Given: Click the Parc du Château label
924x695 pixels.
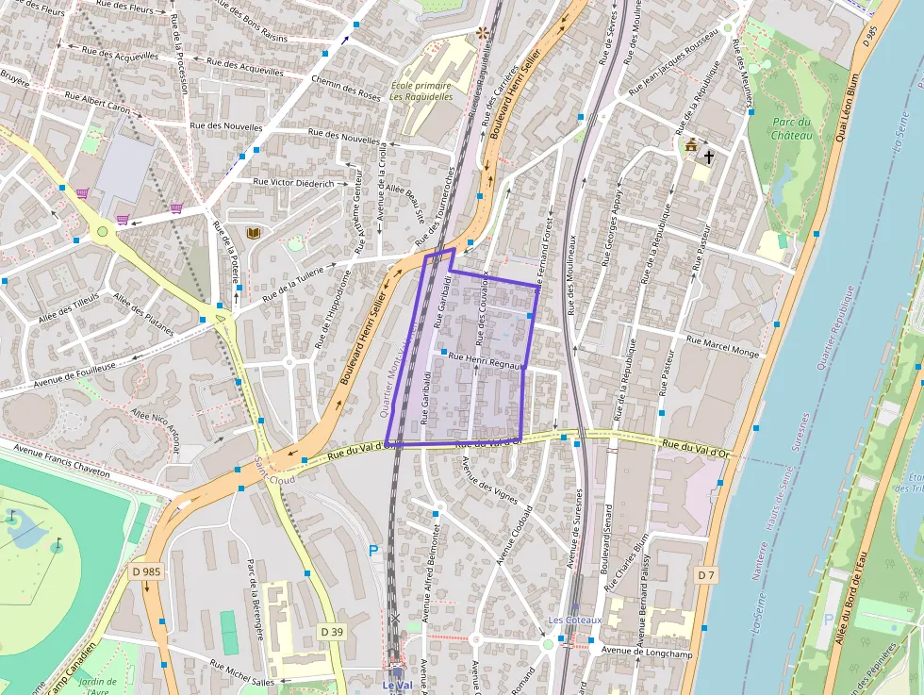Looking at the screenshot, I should [x=792, y=128].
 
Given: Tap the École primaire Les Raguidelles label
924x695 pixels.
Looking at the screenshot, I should [x=421, y=91].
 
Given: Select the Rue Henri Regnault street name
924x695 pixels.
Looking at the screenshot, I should [x=485, y=359].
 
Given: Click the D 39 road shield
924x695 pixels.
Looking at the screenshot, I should [x=331, y=631].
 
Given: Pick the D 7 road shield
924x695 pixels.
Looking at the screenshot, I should [x=707, y=574].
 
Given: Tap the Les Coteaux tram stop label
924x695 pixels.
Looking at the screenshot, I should [x=575, y=620].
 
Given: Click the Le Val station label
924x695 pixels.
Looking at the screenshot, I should [x=398, y=685].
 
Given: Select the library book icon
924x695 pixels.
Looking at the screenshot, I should [x=252, y=233].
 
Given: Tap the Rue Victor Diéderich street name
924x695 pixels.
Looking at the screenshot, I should [x=294, y=183].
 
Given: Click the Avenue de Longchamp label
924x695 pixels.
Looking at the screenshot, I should [x=641, y=650].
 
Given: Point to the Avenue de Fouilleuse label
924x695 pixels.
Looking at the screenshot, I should [x=74, y=375].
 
